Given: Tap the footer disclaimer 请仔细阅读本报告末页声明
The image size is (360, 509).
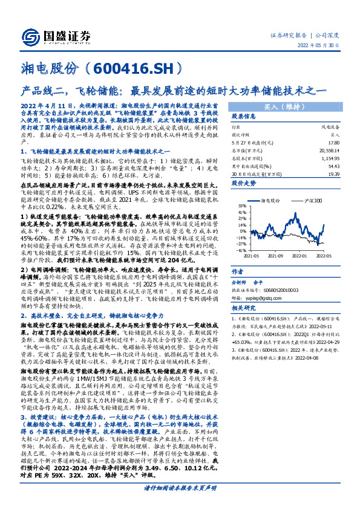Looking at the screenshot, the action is click(x=179, y=503).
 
